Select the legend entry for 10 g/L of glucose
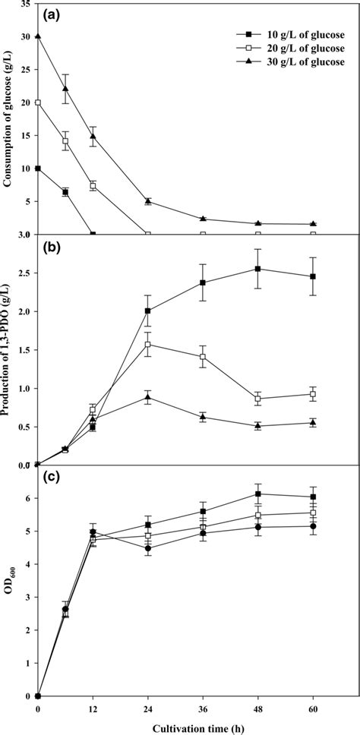coord(289,34)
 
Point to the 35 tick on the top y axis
coord(26,4)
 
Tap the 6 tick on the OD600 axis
coord(28,498)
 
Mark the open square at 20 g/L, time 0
coord(37,103)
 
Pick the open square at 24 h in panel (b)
coord(147,344)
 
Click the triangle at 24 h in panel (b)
coord(147,397)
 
